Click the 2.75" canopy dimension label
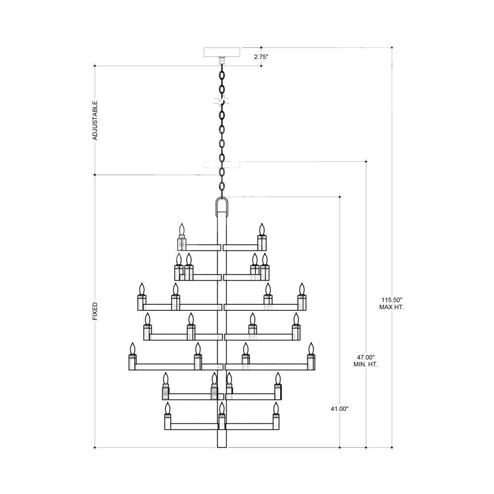click(x=261, y=57)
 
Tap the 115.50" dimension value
click(x=392, y=300)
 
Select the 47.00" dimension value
click(x=366, y=358)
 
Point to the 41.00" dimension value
click(x=339, y=409)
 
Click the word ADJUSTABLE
click(x=95, y=121)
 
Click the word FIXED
click(x=95, y=311)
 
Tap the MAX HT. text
click(x=392, y=307)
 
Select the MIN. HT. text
click(x=366, y=365)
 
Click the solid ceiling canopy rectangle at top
click(x=222, y=52)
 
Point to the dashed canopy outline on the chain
click(x=222, y=165)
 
